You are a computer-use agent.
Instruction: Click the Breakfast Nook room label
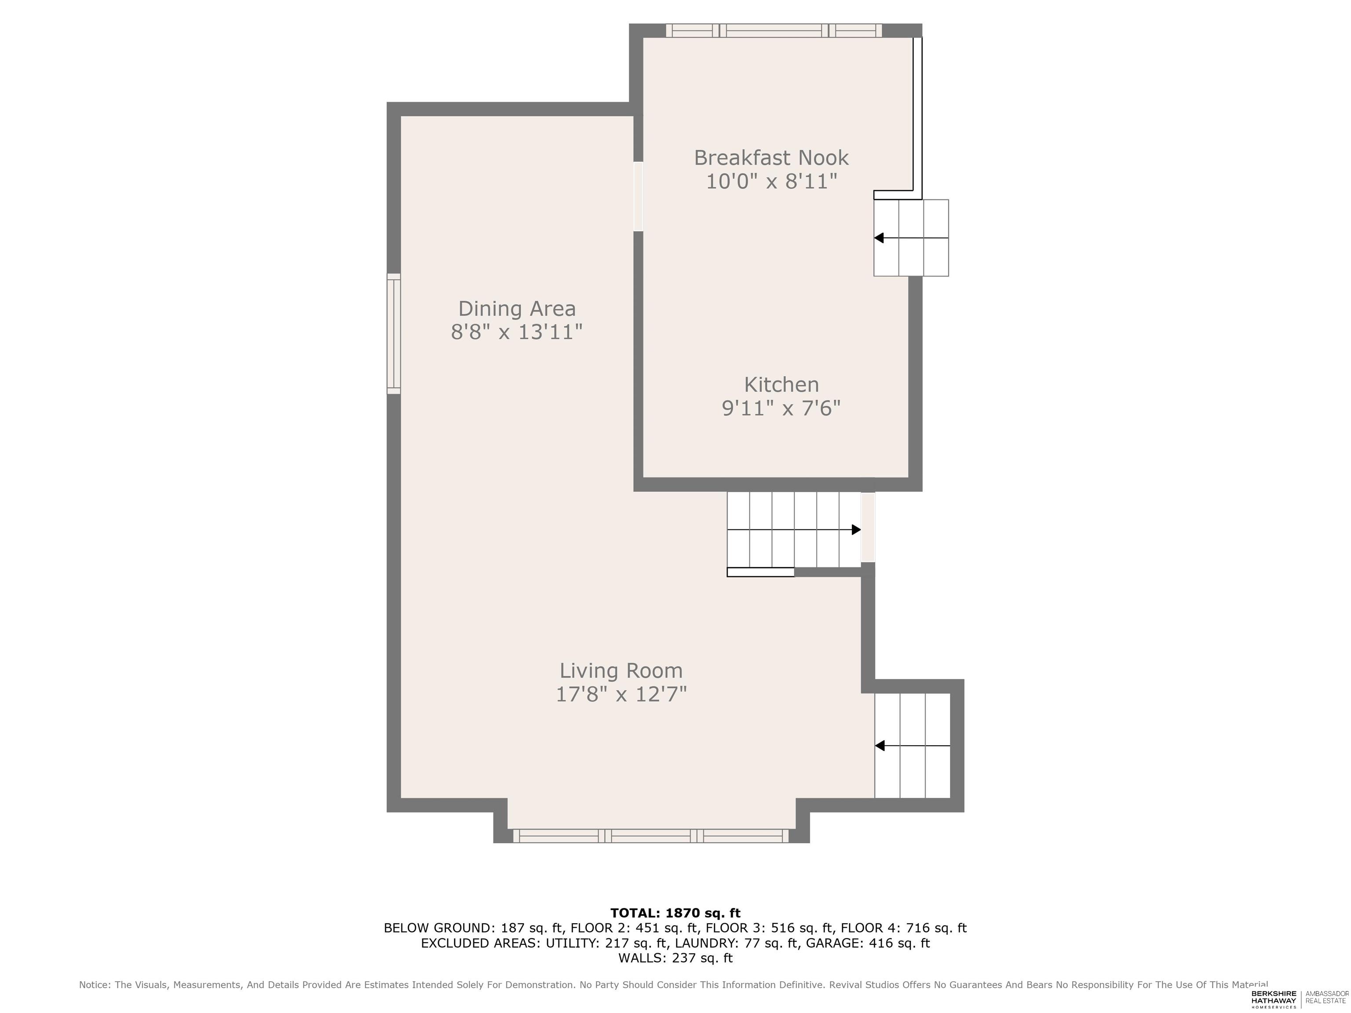(x=771, y=158)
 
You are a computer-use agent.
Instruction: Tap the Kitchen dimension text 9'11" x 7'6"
(x=781, y=408)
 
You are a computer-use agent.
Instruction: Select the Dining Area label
(x=517, y=309)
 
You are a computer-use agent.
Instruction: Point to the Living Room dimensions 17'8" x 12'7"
(x=621, y=694)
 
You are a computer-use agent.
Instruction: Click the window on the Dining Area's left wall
(x=394, y=333)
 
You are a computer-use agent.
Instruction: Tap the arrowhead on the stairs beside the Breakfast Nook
(x=879, y=237)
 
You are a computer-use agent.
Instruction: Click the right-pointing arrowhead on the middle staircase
(x=856, y=529)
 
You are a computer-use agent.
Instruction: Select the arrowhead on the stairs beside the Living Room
(x=880, y=746)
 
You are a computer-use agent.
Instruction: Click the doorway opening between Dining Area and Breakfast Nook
(x=638, y=196)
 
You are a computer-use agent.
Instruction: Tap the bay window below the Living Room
(x=651, y=836)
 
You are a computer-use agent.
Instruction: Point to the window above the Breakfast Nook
(x=774, y=30)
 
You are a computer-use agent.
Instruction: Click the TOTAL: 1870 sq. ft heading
(x=675, y=913)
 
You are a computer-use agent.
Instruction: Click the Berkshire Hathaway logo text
(x=1274, y=999)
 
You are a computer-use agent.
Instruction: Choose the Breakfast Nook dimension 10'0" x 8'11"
(x=771, y=181)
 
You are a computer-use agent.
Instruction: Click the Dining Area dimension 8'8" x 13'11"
(x=517, y=332)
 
